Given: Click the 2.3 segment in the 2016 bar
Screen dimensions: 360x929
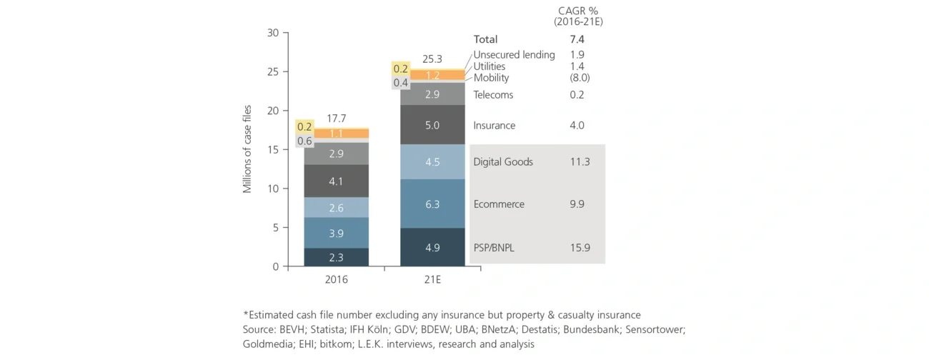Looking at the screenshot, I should pyautogui.click(x=336, y=257).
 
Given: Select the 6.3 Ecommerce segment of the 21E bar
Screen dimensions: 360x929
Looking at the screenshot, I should pyautogui.click(x=432, y=204).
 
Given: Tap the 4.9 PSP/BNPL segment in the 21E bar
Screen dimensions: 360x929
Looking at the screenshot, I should pyautogui.click(x=432, y=247).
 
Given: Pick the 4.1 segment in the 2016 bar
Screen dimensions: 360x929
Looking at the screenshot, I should pyautogui.click(x=336, y=181).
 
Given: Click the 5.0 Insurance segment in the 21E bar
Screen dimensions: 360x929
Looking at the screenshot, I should pyautogui.click(x=432, y=125).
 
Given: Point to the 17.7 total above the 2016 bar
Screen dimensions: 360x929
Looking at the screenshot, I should pyautogui.click(x=337, y=118).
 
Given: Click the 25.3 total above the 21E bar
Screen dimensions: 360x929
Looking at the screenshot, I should pyautogui.click(x=432, y=59).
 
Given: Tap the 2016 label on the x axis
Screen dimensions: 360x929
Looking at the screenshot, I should pyautogui.click(x=336, y=280).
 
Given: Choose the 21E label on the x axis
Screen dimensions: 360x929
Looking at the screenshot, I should pyautogui.click(x=432, y=280).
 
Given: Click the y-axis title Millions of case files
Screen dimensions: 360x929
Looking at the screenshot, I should pyautogui.click(x=247, y=149).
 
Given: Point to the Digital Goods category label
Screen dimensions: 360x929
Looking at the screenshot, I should pyautogui.click(x=503, y=162).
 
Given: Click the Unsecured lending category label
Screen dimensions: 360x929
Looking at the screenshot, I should pyautogui.click(x=514, y=55).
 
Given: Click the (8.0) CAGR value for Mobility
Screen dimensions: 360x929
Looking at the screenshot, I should pyautogui.click(x=580, y=78).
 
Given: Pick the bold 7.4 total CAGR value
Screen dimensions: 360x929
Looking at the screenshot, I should pyautogui.click(x=577, y=39).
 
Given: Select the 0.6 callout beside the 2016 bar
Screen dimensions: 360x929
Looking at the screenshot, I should pyautogui.click(x=304, y=141).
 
